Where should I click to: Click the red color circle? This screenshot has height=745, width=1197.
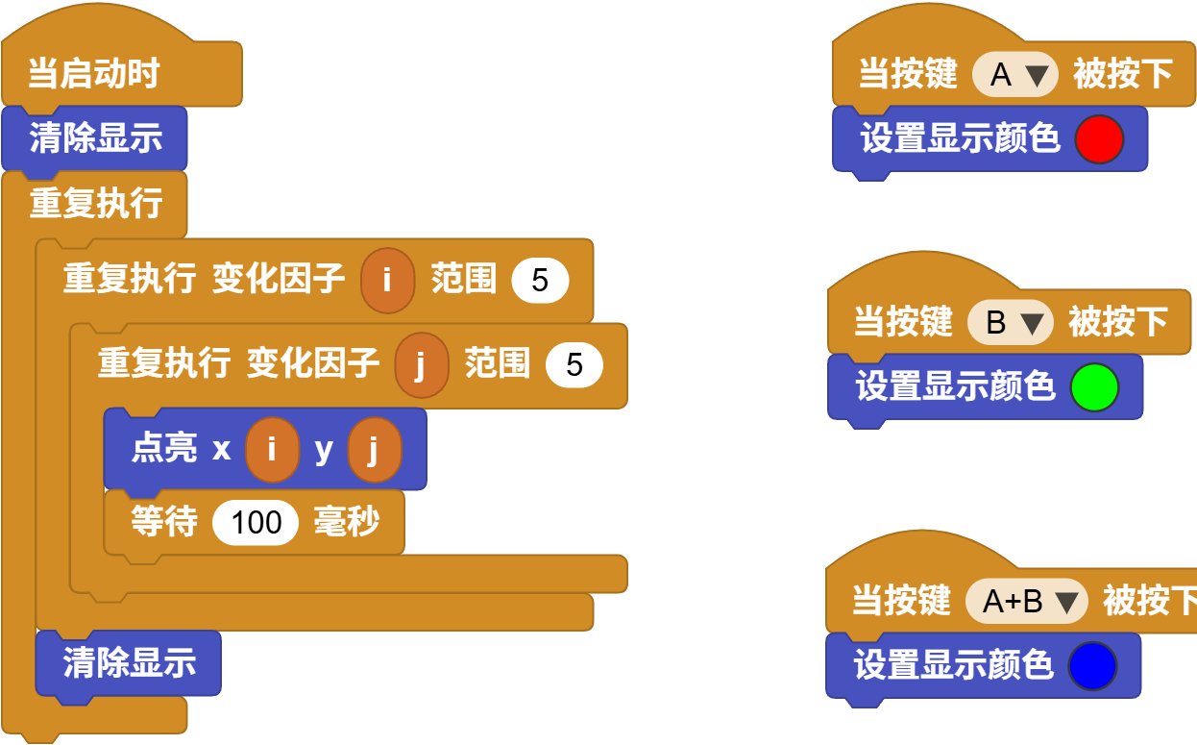point(1099,139)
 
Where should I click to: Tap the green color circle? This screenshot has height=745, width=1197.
point(1094,387)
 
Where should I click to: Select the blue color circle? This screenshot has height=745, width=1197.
point(1092,666)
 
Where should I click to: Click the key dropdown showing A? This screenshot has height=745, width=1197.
point(1014,75)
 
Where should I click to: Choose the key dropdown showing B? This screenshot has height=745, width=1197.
point(1010,323)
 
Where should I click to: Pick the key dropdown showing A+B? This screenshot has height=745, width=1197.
point(1025,602)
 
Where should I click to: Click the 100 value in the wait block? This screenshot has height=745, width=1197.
point(256,522)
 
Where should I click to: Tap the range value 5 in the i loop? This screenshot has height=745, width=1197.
point(540,281)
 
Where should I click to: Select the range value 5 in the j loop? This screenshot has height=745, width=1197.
point(574,365)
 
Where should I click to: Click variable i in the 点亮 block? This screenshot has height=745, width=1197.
point(272,449)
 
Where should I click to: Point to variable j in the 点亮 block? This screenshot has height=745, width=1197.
point(374,449)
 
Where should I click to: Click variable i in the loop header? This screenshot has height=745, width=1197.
point(387,281)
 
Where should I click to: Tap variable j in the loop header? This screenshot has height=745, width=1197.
point(421,365)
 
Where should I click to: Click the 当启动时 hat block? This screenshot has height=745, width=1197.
point(93,74)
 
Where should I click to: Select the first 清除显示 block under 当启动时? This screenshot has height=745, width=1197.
point(95,138)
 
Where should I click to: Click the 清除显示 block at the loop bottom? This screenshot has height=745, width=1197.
point(129,662)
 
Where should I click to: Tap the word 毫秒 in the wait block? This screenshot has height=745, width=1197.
point(347,522)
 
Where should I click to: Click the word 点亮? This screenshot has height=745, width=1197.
point(164,449)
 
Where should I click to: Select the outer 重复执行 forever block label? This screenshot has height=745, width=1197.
point(95,204)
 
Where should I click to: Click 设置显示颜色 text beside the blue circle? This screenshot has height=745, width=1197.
point(953,666)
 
